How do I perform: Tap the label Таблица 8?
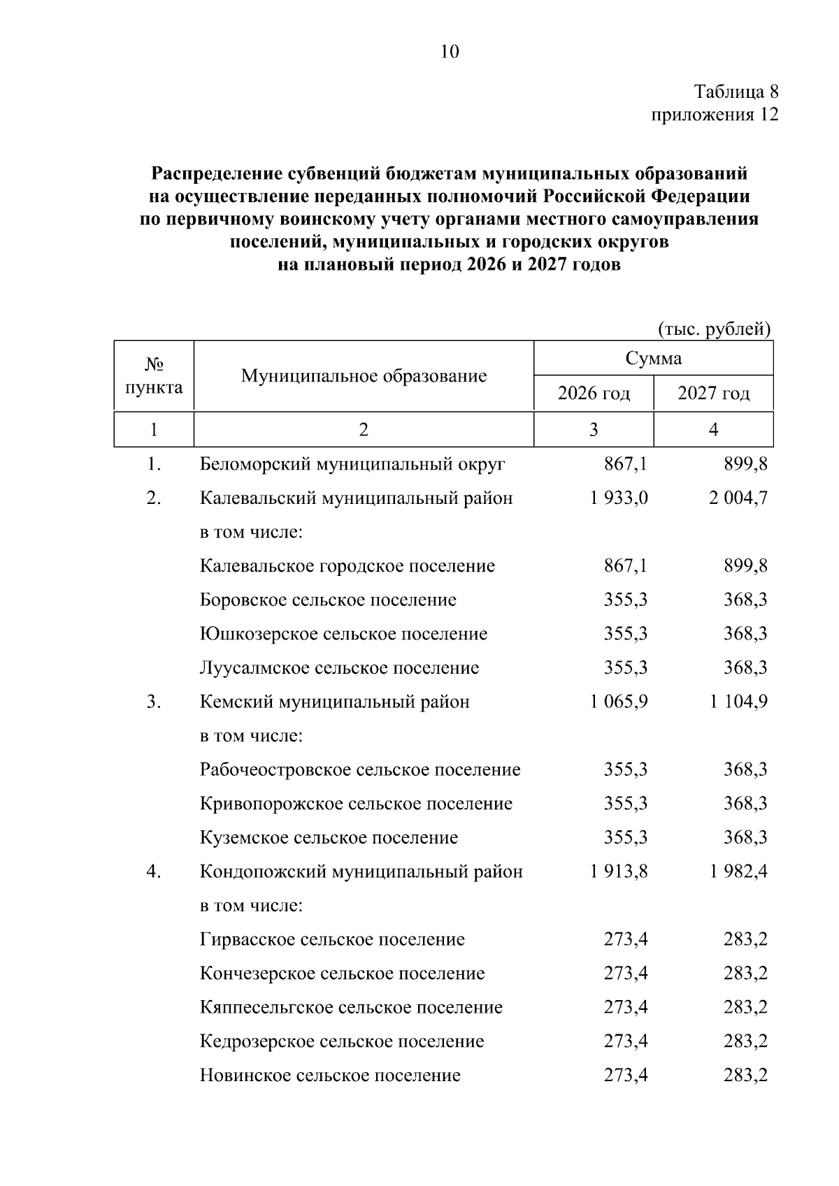[736, 92]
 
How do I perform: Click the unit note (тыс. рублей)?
[715, 328]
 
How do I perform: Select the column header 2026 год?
[594, 393]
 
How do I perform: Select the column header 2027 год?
[713, 393]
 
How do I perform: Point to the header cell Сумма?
[653, 359]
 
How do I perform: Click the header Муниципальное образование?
[364, 376]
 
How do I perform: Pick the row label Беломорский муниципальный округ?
[352, 464]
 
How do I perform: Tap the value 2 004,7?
[738, 498]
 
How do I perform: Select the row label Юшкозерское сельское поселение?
[343, 634]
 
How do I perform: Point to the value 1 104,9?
[738, 702]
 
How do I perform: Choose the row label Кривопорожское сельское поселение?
[356, 804]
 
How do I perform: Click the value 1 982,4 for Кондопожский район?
[738, 872]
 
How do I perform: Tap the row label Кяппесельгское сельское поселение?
[351, 1007]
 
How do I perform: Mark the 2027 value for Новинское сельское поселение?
[745, 1075]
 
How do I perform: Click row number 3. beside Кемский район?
[154, 702]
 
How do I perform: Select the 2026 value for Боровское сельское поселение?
[626, 600]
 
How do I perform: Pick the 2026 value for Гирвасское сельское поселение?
[626, 939]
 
